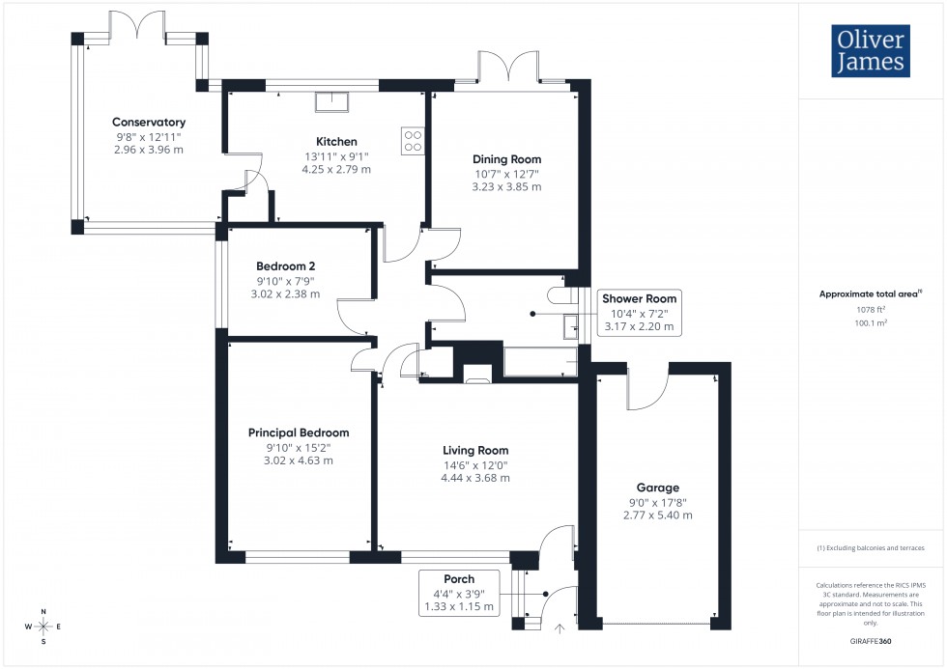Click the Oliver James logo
870,50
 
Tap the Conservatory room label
149,123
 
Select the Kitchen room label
336,142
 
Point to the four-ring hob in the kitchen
412,141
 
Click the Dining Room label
506,159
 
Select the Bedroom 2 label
286,266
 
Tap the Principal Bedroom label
299,432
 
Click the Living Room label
475,450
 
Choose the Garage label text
657,488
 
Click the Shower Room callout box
639,313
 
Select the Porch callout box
459,593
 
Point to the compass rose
43,626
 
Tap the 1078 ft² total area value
871,309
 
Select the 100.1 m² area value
871,325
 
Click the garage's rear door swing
646,390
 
